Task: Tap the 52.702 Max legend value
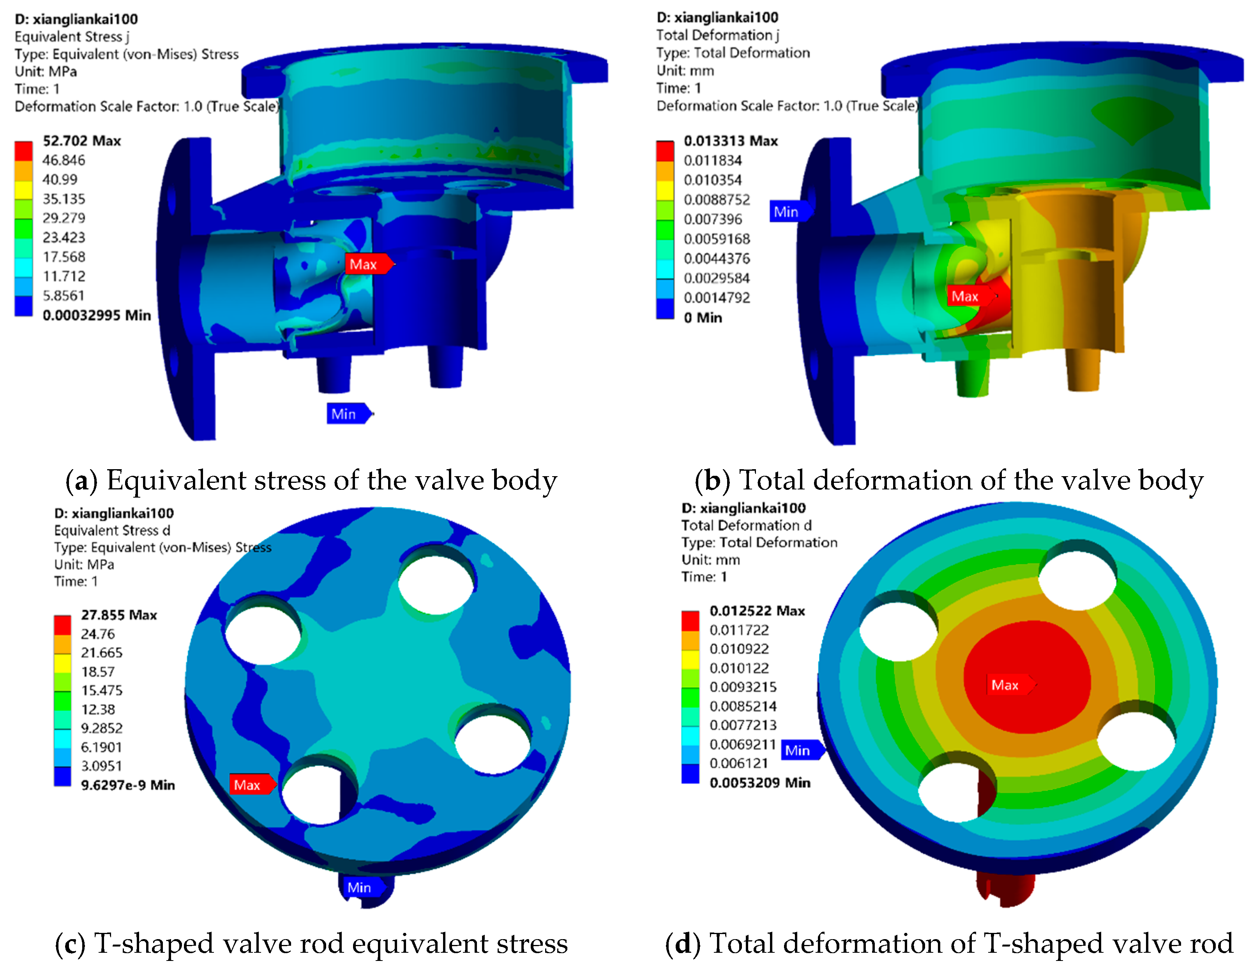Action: pos(82,141)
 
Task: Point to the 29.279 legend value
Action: pos(64,218)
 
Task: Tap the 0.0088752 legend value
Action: pos(717,199)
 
